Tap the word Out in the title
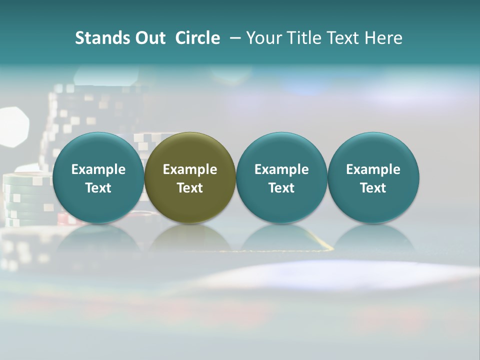149,38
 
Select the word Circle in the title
197,38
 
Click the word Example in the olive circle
190,169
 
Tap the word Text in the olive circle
190,188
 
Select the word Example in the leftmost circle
98,169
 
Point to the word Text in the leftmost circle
98,188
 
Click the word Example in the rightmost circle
373,169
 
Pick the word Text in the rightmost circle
373,188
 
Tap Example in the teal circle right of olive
281,169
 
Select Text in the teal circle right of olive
281,188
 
